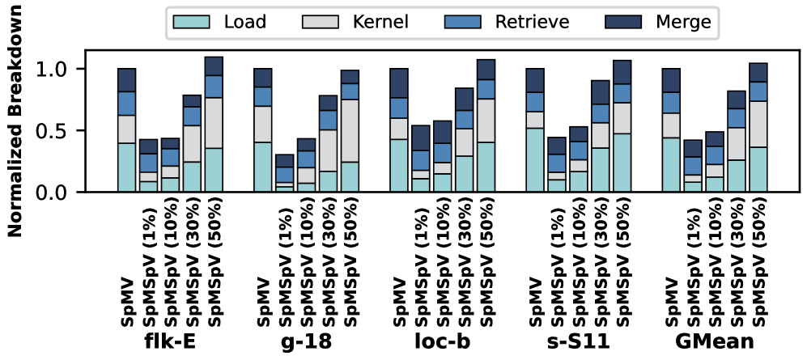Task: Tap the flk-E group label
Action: click(x=170, y=341)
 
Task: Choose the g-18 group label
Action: click(x=308, y=341)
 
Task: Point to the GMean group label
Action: click(x=716, y=341)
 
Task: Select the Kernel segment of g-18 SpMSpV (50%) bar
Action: click(x=350, y=130)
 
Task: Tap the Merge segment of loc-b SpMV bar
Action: click(x=399, y=83)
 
